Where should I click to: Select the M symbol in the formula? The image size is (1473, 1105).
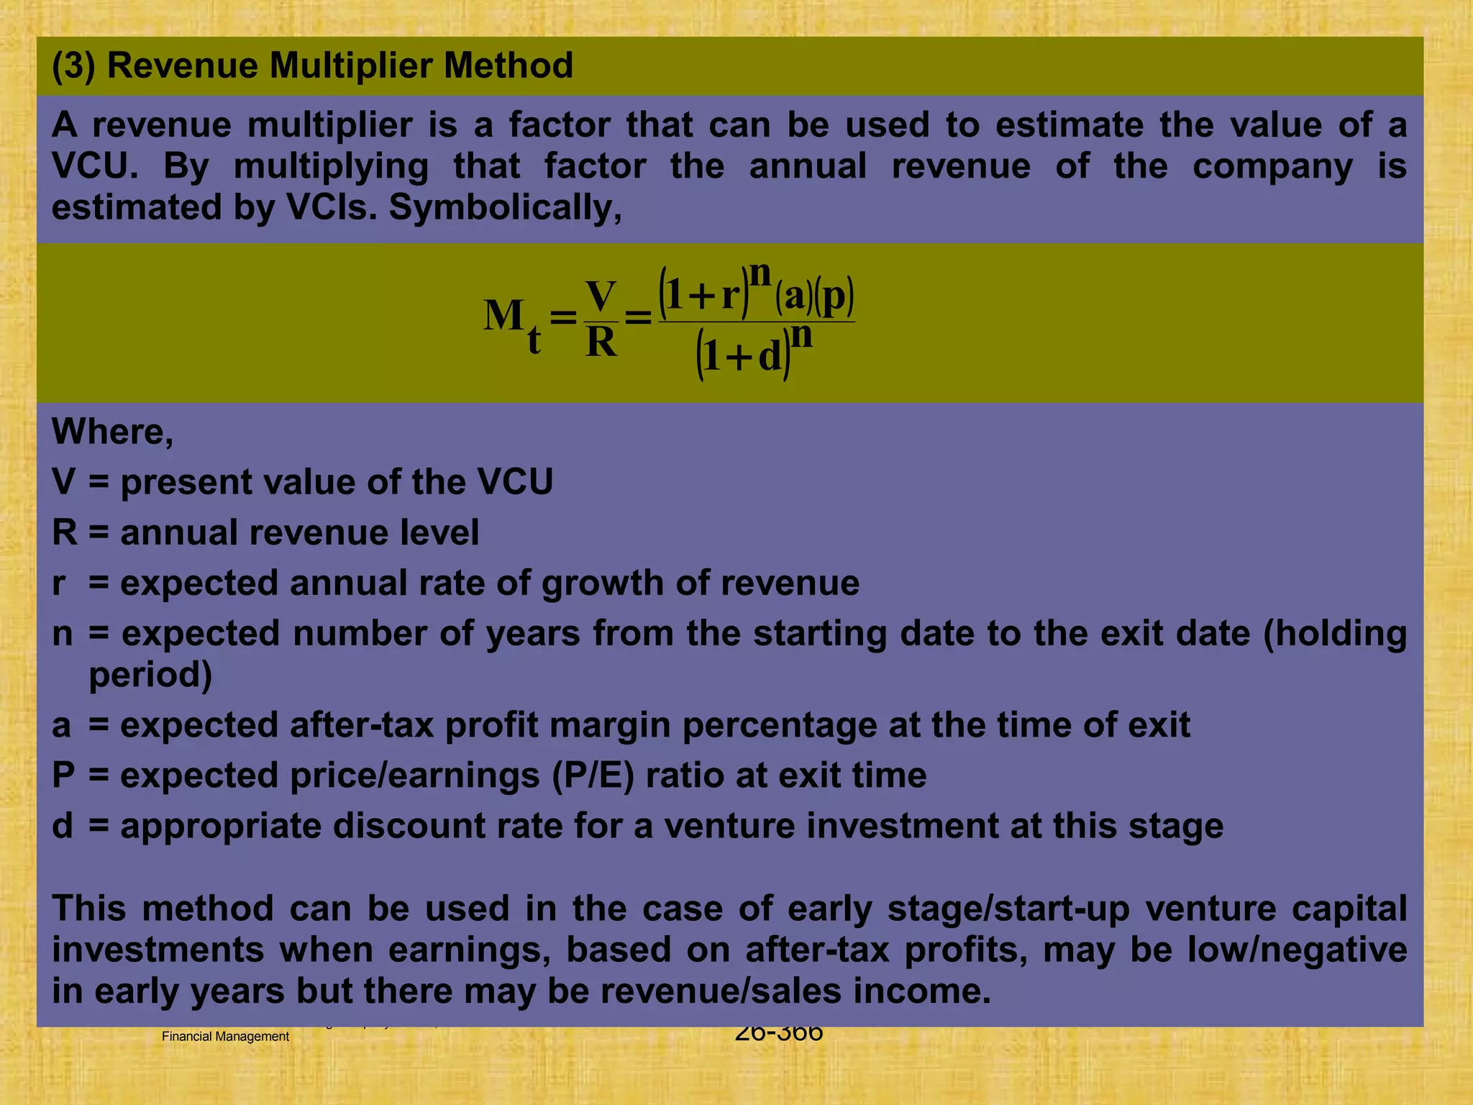[503, 315]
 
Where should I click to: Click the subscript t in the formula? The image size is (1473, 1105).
[534, 340]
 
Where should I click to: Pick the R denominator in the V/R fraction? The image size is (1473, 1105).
[601, 342]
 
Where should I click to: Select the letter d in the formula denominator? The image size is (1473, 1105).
[769, 356]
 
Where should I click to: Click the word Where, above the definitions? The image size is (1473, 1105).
[112, 432]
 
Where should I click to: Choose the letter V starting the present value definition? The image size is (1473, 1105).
[63, 482]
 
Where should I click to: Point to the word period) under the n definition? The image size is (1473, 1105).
[150, 675]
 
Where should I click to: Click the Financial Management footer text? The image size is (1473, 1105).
[225, 1037]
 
